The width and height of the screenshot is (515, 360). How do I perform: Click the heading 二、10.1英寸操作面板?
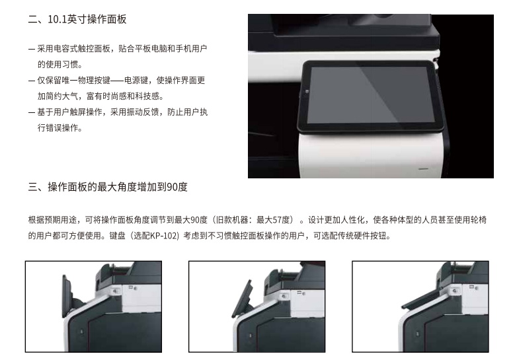click(x=77, y=19)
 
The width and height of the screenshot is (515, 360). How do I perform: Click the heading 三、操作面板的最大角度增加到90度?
click(x=108, y=187)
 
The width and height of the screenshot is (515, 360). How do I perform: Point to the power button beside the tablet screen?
click(x=307, y=92)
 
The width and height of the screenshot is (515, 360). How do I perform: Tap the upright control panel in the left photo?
click(x=68, y=297)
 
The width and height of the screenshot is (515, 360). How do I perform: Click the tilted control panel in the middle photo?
click(x=242, y=299)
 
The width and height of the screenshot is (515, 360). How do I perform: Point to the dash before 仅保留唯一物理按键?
click(x=32, y=81)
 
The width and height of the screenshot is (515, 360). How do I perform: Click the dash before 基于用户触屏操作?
click(x=32, y=112)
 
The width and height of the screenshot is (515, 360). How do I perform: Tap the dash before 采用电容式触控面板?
click(x=32, y=50)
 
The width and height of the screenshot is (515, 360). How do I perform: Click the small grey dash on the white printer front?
click(x=423, y=169)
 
